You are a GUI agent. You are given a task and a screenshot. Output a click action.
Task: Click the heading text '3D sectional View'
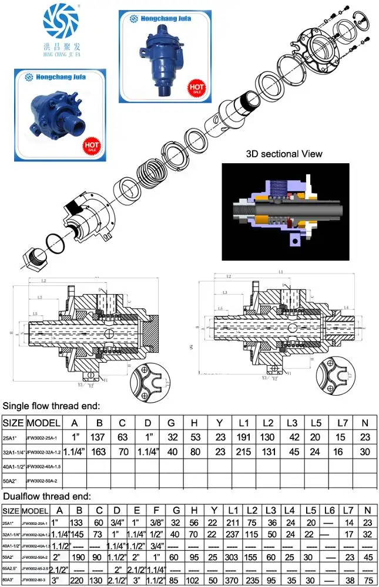pos(284,154)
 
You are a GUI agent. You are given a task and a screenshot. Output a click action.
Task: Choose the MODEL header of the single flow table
pos(44,423)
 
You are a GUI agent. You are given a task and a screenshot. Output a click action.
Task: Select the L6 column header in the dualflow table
pos(329,510)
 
